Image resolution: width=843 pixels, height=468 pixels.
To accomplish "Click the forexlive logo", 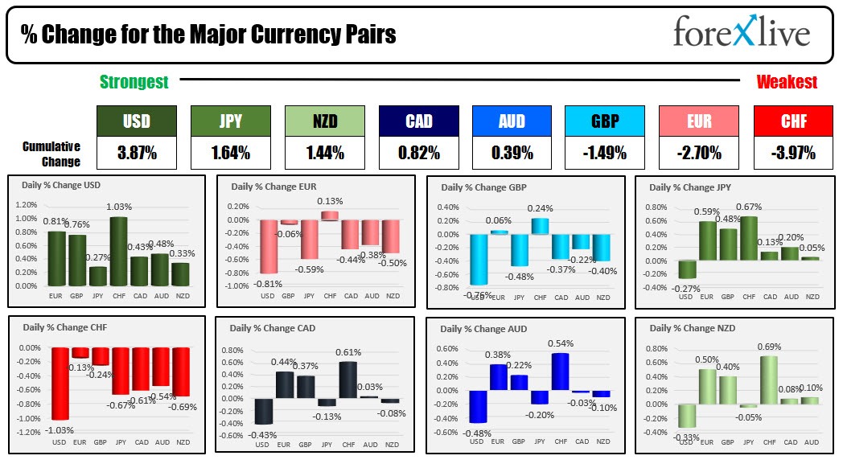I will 741,34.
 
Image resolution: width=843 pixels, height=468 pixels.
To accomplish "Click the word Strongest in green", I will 134,81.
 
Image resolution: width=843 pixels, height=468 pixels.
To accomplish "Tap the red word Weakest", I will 786,81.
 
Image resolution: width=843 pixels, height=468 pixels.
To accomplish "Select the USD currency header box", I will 136,121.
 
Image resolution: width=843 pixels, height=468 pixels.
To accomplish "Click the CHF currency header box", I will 792,121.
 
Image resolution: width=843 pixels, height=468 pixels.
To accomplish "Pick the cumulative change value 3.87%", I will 136,153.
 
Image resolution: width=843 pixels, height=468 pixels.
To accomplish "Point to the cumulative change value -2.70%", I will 698,153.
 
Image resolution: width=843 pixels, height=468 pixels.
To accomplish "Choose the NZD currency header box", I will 324,121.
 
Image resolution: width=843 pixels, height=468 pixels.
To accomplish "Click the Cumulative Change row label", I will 51,154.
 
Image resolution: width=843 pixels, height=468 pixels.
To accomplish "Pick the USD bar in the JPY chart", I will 686,269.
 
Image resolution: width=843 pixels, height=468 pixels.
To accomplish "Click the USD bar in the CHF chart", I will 60,384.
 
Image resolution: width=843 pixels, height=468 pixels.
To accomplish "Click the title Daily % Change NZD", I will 692,328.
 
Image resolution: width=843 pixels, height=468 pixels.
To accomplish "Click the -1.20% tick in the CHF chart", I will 29,433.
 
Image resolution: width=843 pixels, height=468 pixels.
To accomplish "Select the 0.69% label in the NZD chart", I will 770,347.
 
